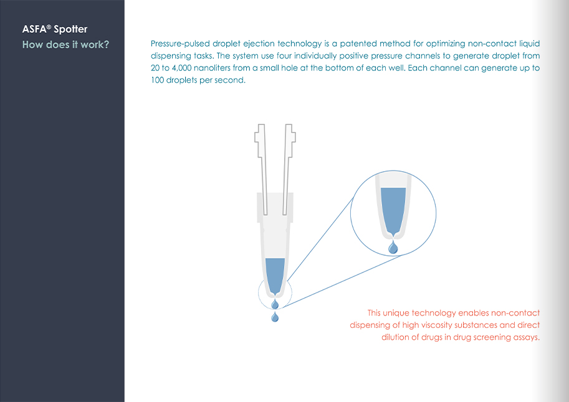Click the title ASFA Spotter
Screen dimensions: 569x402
pyautogui.click(x=55, y=29)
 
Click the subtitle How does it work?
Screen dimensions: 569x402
pyautogui.click(x=65, y=45)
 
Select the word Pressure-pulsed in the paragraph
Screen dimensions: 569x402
pyautogui.click(x=180, y=44)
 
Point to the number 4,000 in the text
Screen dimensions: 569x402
pyautogui.click(x=182, y=68)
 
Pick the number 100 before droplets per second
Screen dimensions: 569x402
pyautogui.click(x=157, y=80)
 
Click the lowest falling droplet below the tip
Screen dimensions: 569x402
pyautogui.click(x=275, y=317)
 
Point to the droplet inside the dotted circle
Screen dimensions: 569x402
pyautogui.click(x=275, y=304)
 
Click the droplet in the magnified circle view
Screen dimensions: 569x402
pyautogui.click(x=393, y=248)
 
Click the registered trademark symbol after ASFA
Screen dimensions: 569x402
pyautogui.click(x=49, y=27)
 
